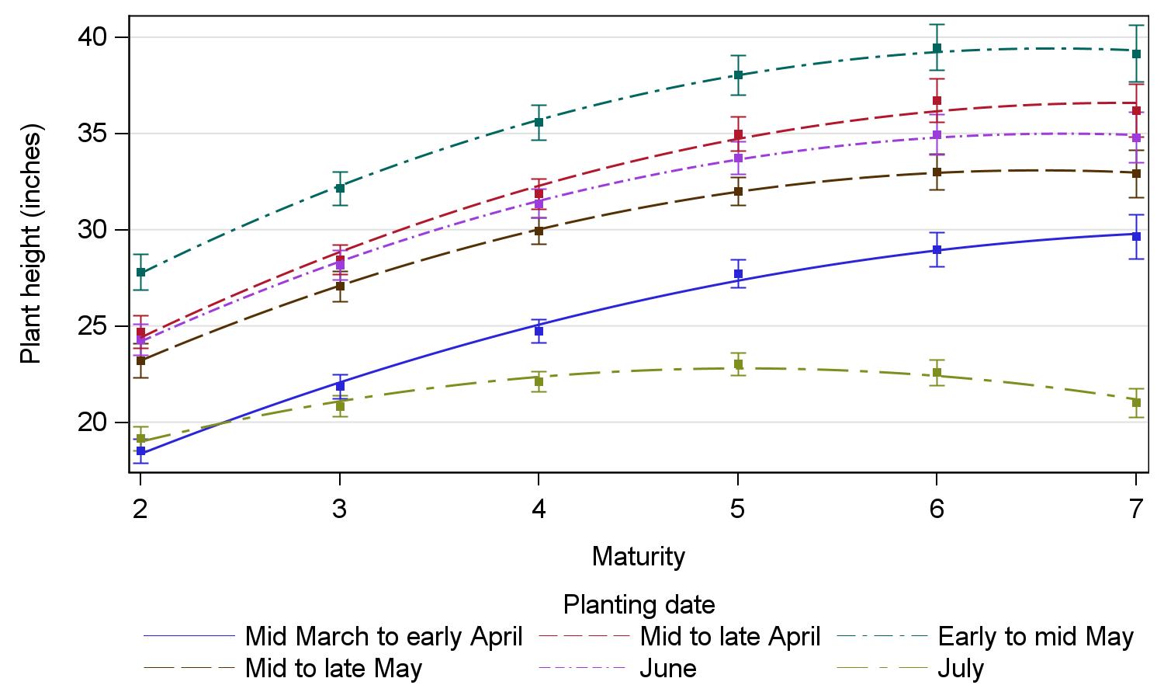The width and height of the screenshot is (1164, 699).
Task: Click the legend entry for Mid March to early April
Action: click(x=383, y=637)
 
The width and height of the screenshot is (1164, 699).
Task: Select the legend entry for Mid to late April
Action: click(x=729, y=637)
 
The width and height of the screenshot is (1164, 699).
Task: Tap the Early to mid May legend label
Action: click(x=1035, y=637)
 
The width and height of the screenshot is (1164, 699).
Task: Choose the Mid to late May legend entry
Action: click(x=334, y=669)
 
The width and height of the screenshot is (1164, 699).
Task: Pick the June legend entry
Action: click(x=667, y=669)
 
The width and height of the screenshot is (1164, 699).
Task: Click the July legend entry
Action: click(x=961, y=669)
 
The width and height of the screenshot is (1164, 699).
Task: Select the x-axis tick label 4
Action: click(x=539, y=509)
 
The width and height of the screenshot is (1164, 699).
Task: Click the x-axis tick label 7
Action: click(x=1136, y=509)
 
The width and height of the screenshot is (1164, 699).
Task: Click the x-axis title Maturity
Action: click(x=638, y=556)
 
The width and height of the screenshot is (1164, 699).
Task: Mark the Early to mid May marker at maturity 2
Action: click(x=140, y=272)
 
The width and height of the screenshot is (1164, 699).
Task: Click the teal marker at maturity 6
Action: click(x=937, y=48)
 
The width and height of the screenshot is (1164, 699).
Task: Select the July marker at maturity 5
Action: click(x=738, y=364)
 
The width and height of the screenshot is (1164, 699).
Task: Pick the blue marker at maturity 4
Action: click(x=539, y=331)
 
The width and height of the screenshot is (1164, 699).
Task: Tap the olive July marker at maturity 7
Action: click(x=1136, y=402)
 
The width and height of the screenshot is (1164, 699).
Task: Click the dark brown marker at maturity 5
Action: click(x=738, y=191)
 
